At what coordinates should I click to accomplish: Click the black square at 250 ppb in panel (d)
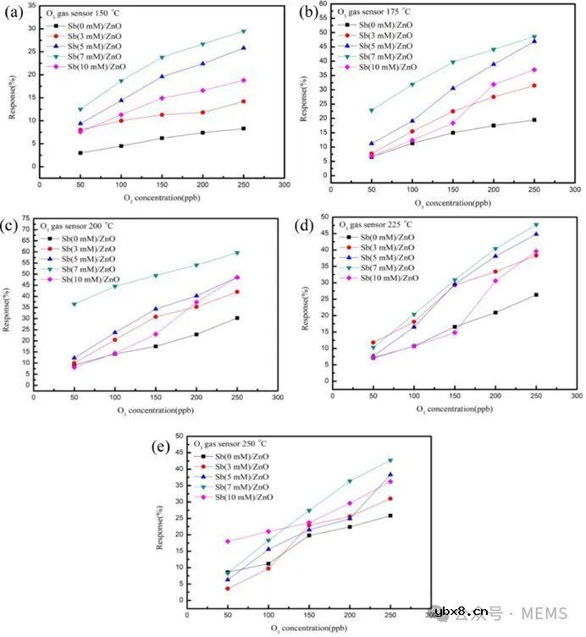click(535, 294)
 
